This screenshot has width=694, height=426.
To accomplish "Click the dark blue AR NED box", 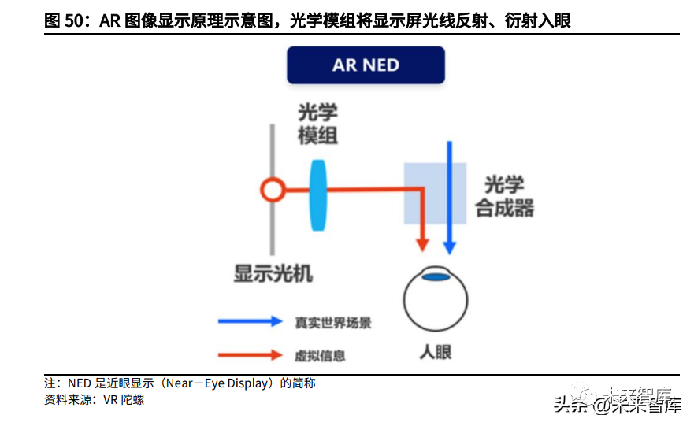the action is [366, 65].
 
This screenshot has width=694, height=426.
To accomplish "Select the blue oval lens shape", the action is [318, 194].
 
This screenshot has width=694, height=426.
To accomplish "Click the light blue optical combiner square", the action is [435, 194].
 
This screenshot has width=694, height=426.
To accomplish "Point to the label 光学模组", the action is [318, 123].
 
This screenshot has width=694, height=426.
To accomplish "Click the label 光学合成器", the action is [505, 196].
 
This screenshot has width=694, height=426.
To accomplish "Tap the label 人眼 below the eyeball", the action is [435, 351].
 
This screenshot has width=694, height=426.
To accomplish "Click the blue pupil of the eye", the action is [435, 276].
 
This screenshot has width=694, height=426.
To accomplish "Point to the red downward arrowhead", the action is [424, 245].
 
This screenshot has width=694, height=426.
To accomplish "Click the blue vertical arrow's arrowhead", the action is [449, 246].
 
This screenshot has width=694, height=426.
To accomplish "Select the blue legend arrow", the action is [250, 321].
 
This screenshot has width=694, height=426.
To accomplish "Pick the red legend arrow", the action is [250, 355].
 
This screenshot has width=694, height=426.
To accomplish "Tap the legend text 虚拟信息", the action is [321, 356].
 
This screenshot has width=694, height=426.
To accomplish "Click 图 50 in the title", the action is [64, 21].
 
